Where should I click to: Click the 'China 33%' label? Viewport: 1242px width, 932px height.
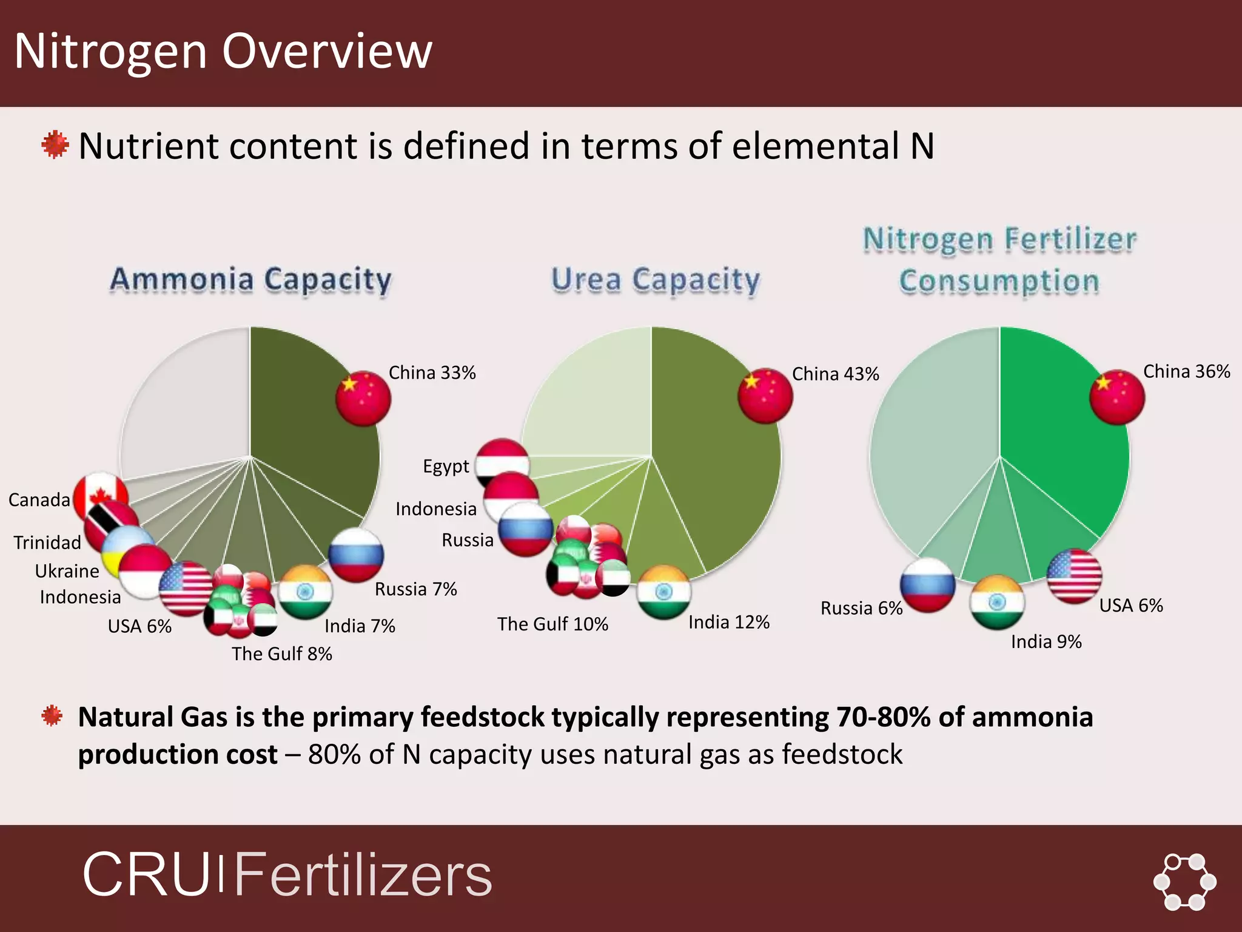tap(432, 373)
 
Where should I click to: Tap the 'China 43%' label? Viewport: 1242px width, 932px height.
tap(835, 374)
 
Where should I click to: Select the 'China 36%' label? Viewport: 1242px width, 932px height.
tap(1186, 371)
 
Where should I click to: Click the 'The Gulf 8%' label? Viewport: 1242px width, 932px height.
tap(282, 653)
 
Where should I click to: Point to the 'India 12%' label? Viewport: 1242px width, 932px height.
tap(728, 622)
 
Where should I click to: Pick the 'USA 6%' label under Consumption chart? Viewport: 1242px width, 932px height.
tap(1131, 605)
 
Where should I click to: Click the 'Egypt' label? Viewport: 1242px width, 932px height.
tap(446, 466)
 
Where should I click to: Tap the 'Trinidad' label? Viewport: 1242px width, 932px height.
tap(47, 542)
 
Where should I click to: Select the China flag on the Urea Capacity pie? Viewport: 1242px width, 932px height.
tap(765, 395)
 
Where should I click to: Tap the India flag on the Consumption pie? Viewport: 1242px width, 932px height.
tap(997, 603)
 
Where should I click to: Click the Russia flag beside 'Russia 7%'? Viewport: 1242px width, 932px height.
tap(356, 555)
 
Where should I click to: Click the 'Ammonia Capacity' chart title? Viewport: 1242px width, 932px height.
tap(250, 280)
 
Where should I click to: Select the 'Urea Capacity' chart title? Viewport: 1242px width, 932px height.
tap(655, 280)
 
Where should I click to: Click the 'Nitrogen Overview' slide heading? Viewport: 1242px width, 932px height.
tap(223, 51)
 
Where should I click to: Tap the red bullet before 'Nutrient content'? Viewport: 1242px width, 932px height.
tap(55, 145)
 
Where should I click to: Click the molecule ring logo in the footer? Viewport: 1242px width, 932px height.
tap(1184, 882)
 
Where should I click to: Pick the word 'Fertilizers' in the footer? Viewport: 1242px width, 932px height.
tap(363, 874)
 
